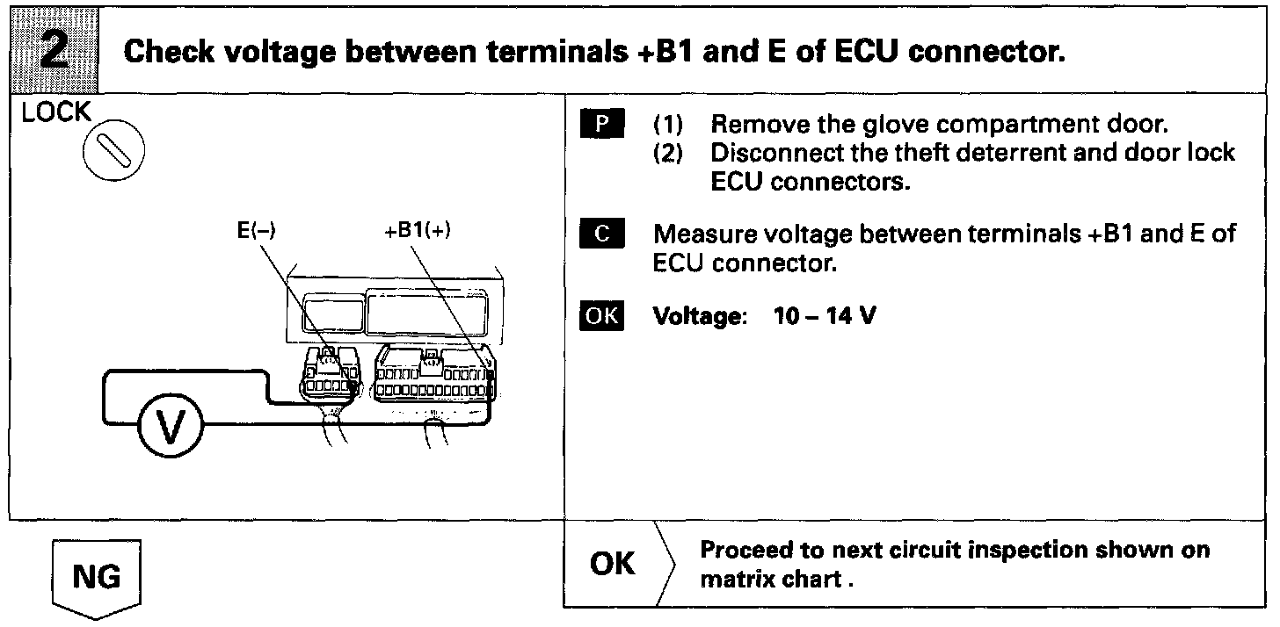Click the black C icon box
(x=601, y=235)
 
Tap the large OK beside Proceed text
(x=613, y=563)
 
